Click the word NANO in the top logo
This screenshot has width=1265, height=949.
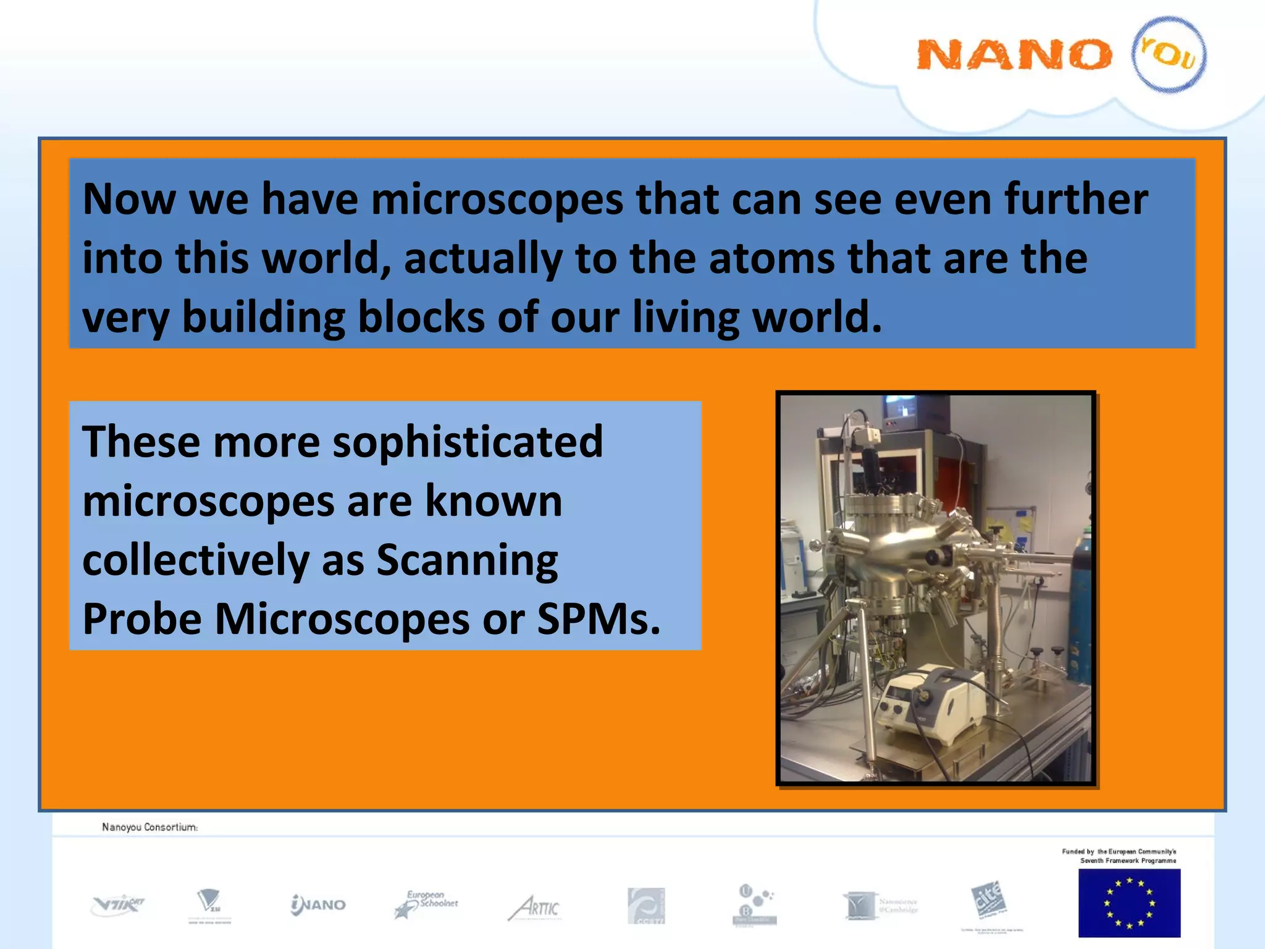click(1013, 54)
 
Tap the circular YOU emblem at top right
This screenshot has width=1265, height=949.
click(1169, 54)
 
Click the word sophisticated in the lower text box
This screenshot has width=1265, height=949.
click(468, 442)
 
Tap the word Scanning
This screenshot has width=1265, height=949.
click(467, 560)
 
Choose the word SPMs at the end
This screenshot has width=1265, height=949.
click(598, 619)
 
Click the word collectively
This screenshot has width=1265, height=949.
click(196, 560)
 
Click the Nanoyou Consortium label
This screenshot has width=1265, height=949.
click(150, 827)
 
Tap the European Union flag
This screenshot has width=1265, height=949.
click(1129, 903)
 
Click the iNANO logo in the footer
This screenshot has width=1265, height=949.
click(318, 905)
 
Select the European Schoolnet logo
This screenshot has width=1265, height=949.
click(426, 905)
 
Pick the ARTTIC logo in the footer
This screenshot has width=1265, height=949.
click(535, 908)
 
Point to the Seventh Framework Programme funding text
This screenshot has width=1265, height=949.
click(1119, 856)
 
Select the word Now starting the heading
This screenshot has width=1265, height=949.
click(128, 200)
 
